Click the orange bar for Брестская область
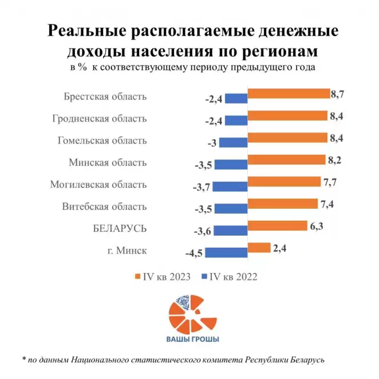click(x=288, y=94)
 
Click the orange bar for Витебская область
click(x=282, y=204)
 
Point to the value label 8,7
click(x=338, y=93)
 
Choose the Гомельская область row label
click(x=102, y=140)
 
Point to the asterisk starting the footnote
click(x=24, y=360)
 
